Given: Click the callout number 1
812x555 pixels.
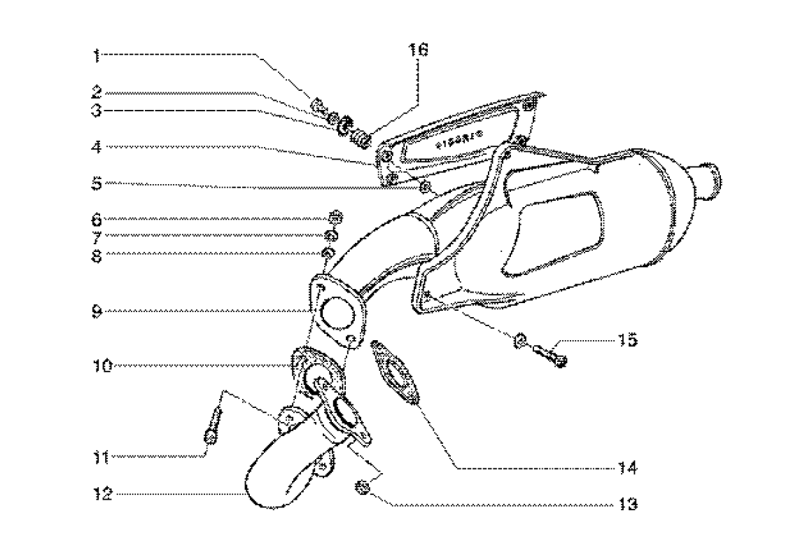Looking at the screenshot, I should (x=99, y=55).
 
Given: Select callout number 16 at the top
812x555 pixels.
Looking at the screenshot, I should (x=418, y=50).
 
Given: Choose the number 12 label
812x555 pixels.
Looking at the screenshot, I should (x=102, y=494).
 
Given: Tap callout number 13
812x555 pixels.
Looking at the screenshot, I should (x=628, y=504).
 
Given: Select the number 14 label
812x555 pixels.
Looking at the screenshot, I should (x=628, y=467).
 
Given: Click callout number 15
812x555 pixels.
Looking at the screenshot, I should (x=628, y=340).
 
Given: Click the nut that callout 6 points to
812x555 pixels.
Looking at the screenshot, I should (x=334, y=216).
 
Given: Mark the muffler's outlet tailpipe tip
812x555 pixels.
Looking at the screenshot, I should (x=708, y=179).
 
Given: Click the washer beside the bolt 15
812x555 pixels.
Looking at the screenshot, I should (x=519, y=341).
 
